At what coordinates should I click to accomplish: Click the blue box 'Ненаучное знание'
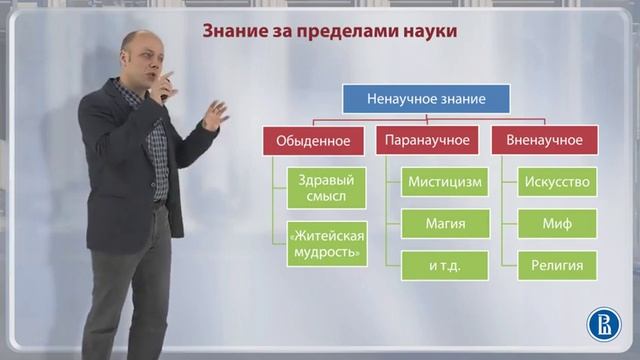point(427,98)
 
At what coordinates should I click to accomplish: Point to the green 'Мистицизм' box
point(445,183)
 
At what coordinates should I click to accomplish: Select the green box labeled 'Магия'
point(445,224)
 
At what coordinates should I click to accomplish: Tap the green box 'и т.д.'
point(445,265)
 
